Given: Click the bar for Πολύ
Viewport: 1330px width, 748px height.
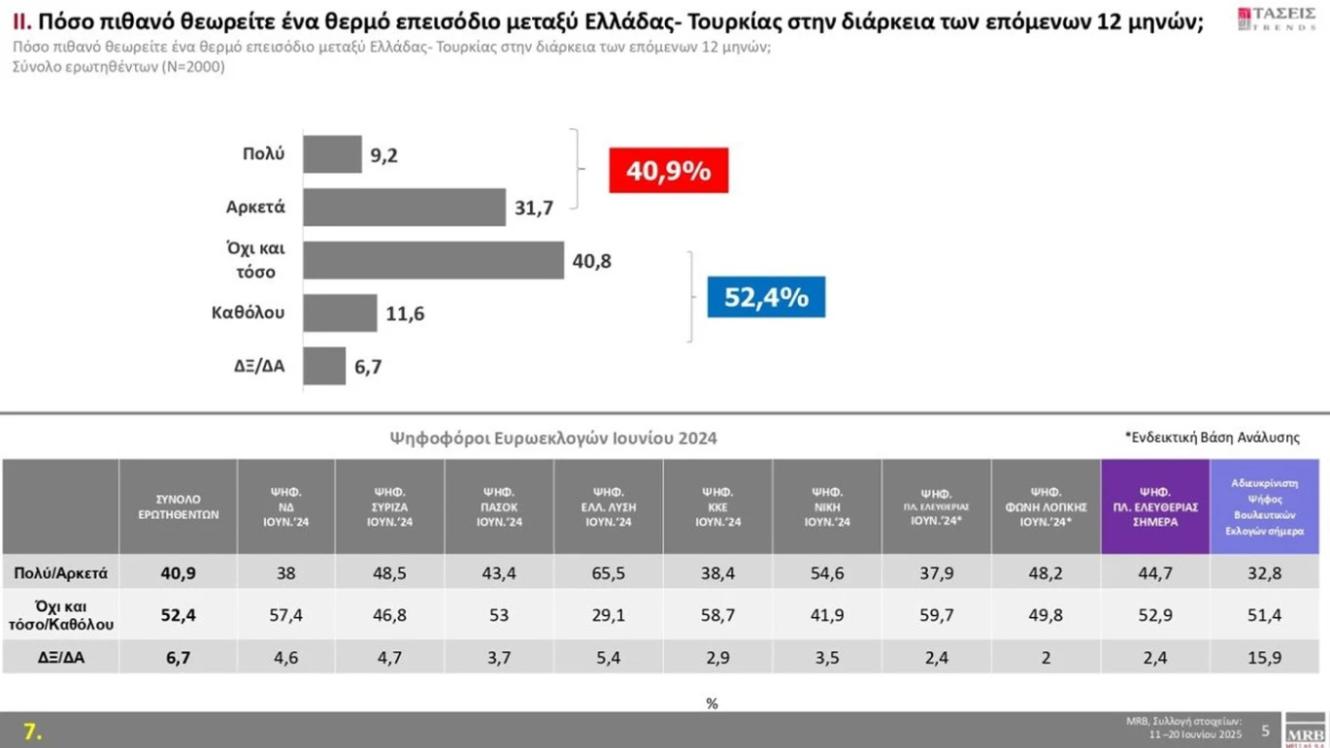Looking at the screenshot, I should tap(332, 154).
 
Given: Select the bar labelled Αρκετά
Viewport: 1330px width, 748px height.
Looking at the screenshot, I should tap(404, 207).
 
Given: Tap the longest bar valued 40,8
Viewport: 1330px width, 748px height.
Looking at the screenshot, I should tap(433, 260).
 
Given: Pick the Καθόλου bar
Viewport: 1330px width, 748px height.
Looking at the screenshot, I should tap(339, 313).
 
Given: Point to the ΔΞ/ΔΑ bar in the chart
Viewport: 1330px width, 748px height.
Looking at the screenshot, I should tap(324, 366).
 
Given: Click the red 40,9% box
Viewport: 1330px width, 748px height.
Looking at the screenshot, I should tap(668, 171).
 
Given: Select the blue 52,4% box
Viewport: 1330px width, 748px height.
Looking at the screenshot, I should tap(766, 297).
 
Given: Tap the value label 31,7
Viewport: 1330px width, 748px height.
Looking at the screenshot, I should tap(535, 207).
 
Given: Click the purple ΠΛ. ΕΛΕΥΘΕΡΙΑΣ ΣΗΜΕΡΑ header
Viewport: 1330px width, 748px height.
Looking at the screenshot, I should tap(1155, 506).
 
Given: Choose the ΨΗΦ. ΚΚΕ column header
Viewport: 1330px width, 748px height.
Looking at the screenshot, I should tap(717, 506).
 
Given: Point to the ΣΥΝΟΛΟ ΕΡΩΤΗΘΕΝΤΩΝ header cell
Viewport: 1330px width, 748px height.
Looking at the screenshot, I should tap(177, 506).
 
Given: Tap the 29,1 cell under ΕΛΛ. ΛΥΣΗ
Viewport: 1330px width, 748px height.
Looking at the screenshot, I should tap(607, 614).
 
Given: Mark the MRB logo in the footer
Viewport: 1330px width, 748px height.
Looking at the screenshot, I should tap(1305, 731).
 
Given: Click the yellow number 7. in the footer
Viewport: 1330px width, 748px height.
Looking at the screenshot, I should tap(33, 731).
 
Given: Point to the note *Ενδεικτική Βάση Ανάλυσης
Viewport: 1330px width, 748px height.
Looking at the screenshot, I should tap(1212, 437).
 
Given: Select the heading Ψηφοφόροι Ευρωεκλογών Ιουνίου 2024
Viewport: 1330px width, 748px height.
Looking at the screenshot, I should tap(554, 438).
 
